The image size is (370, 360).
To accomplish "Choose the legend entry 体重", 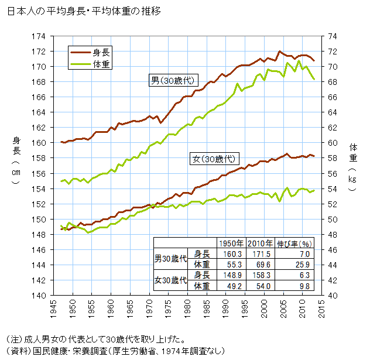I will (x=102, y=63).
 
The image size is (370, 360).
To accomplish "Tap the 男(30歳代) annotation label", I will (x=172, y=81).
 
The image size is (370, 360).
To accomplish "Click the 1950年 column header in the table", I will (x=229, y=243).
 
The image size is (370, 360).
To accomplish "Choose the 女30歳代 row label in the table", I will (x=170, y=280).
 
